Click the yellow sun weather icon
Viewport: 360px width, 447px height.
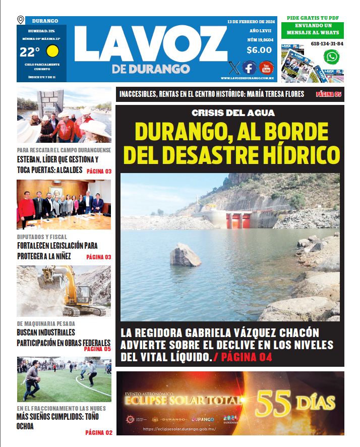click(x=52, y=51)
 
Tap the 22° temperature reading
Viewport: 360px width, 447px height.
click(x=30, y=52)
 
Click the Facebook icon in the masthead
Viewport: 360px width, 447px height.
click(x=249, y=68)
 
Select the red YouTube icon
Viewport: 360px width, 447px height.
click(x=266, y=68)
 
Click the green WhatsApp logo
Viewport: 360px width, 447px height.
click(x=331, y=57)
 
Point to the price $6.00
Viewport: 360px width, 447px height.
click(x=259, y=50)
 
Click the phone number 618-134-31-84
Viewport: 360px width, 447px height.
click(x=327, y=44)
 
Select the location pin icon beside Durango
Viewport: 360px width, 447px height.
click(x=21, y=20)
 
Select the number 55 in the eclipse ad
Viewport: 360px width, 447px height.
click(x=274, y=402)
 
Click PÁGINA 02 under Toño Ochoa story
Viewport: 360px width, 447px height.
click(x=98, y=432)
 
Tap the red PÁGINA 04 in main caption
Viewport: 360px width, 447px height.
click(x=247, y=357)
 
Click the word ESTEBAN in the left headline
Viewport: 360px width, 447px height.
click(x=31, y=160)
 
